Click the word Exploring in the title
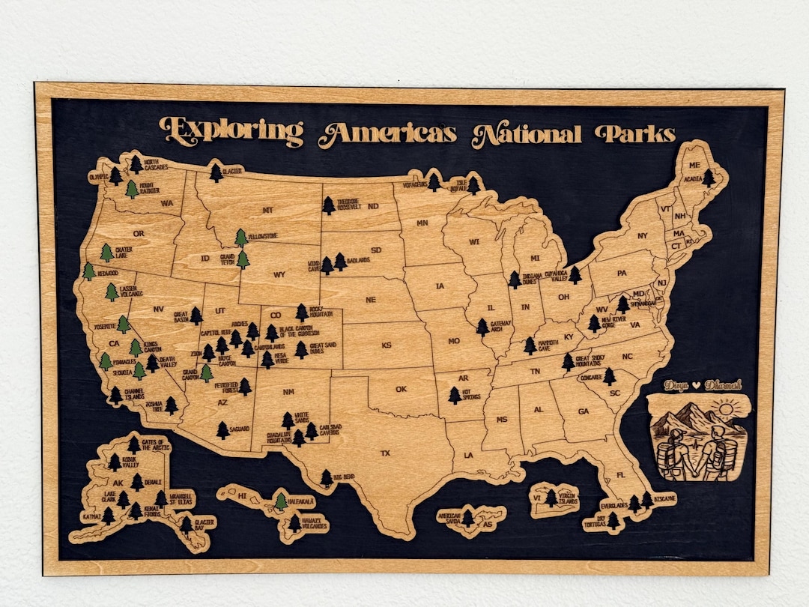[x=231, y=131]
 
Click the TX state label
[x=385, y=453]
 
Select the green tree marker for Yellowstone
[x=241, y=238]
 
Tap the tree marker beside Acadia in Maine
[x=709, y=178]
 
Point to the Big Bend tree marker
[x=326, y=477]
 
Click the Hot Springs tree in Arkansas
[x=455, y=395]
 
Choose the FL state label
[x=620, y=475]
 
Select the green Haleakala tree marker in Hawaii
[x=280, y=501]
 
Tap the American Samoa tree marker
[x=468, y=517]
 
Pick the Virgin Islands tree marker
[x=551, y=498]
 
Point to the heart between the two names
[x=697, y=385]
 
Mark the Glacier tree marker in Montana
[x=216, y=173]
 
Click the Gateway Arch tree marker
[x=482, y=327]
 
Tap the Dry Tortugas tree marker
[x=613, y=519]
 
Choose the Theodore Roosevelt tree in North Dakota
[x=329, y=205]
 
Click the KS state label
[x=387, y=345]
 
